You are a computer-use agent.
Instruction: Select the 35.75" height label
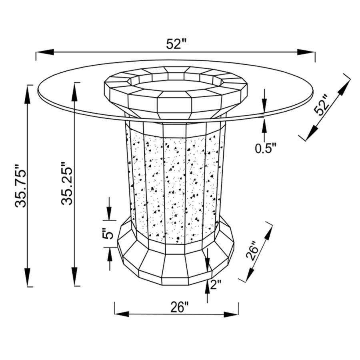click(21, 186)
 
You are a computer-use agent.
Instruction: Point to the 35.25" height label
click(67, 183)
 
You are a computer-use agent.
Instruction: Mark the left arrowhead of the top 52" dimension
click(45, 52)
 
